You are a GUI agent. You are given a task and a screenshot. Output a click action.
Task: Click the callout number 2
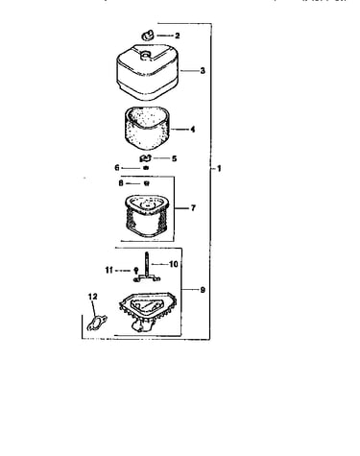(178, 36)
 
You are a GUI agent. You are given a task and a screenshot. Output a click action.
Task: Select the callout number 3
(203, 70)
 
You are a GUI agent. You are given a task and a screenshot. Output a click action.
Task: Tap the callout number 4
(192, 130)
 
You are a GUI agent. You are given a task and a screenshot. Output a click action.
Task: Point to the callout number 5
(174, 158)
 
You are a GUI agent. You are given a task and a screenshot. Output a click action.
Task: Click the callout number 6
(117, 168)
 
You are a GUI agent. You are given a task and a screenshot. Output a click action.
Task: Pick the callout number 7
(193, 208)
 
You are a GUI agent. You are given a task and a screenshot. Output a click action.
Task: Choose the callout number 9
(203, 290)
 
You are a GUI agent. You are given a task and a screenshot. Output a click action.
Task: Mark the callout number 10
(174, 264)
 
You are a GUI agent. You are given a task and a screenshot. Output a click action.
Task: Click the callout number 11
(109, 271)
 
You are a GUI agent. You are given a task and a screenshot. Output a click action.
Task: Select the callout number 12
(92, 297)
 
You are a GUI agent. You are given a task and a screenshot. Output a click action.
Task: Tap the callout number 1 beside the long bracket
(219, 168)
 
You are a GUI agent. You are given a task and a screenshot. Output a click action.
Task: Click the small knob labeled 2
(148, 36)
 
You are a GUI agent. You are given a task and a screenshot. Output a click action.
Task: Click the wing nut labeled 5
(146, 158)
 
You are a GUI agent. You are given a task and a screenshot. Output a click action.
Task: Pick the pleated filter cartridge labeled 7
(147, 216)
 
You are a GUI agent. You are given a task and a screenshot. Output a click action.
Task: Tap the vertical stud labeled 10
(147, 265)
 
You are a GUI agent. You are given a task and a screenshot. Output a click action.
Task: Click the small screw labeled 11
(135, 271)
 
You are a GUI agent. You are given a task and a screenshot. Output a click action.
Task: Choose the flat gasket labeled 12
(97, 323)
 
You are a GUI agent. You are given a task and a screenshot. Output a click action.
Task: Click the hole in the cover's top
(146, 55)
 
